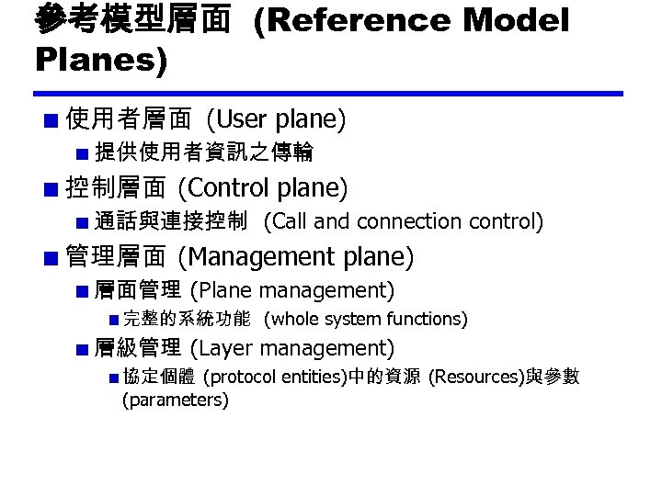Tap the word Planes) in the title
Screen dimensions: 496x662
(x=101, y=61)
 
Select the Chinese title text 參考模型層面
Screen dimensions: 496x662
(x=132, y=19)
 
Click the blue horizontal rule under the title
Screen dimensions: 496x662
(x=328, y=94)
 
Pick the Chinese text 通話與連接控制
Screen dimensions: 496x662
(x=171, y=221)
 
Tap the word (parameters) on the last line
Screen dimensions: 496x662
(x=176, y=400)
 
